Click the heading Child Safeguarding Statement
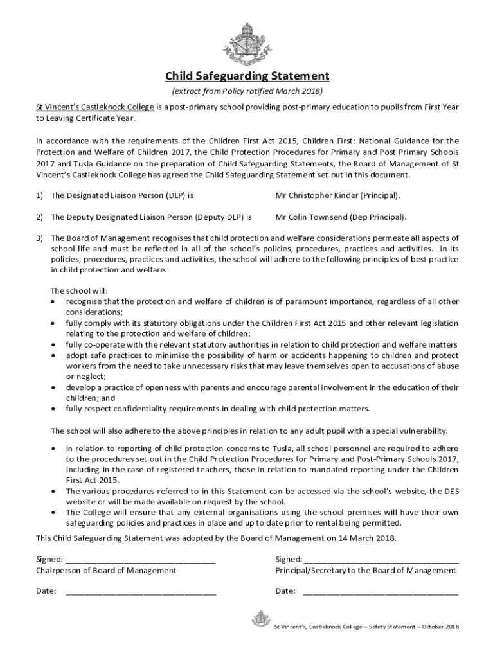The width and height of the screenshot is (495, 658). [248, 76]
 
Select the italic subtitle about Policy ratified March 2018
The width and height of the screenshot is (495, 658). [248, 91]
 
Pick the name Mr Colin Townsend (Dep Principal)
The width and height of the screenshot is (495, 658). [341, 217]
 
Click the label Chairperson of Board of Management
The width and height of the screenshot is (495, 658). [106, 570]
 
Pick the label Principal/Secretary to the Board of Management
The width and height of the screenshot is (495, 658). [366, 570]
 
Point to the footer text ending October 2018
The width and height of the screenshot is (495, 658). [366, 627]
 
